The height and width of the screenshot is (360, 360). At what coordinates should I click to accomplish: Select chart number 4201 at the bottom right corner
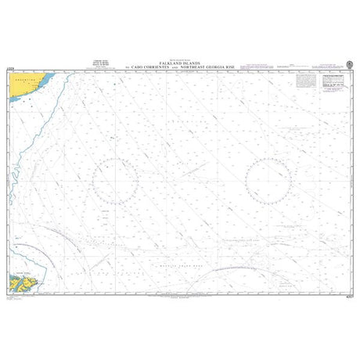[347, 292]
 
